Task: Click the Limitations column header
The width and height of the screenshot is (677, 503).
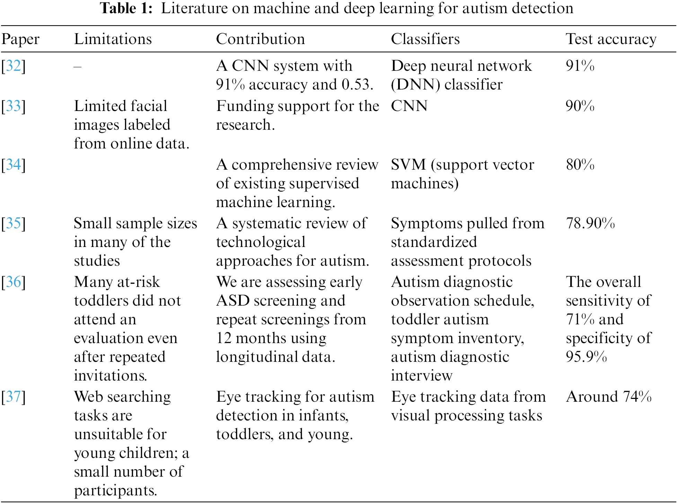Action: pyautogui.click(x=113, y=39)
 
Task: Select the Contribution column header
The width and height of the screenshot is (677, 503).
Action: pyautogui.click(x=260, y=39)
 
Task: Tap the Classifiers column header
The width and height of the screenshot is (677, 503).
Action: pyautogui.click(x=425, y=39)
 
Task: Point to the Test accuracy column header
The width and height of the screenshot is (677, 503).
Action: pyautogui.click(x=611, y=39)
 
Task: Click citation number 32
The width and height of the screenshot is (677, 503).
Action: pyautogui.click(x=14, y=66)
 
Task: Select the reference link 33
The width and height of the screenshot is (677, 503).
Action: pyautogui.click(x=14, y=106)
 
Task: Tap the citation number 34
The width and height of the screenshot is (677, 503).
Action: pyautogui.click(x=14, y=164)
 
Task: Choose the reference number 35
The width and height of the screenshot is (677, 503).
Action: pyautogui.click(x=14, y=223)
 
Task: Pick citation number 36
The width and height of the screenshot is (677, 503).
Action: pyautogui.click(x=14, y=282)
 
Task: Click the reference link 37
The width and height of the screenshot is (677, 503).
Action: pyautogui.click(x=14, y=397)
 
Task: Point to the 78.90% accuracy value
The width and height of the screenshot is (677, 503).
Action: pyautogui.click(x=590, y=223)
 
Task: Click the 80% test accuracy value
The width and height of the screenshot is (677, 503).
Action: pyautogui.click(x=580, y=164)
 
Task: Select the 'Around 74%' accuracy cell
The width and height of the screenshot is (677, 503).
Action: pyautogui.click(x=608, y=397)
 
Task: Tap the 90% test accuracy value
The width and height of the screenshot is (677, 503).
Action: pyautogui.click(x=580, y=106)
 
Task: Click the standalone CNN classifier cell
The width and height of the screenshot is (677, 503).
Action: pyautogui.click(x=409, y=106)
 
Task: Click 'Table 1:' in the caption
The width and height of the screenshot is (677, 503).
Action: pyautogui.click(x=126, y=8)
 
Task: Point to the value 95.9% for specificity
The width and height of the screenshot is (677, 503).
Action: pyautogui.click(x=586, y=357)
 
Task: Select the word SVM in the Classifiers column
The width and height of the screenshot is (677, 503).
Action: pyautogui.click(x=408, y=164)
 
